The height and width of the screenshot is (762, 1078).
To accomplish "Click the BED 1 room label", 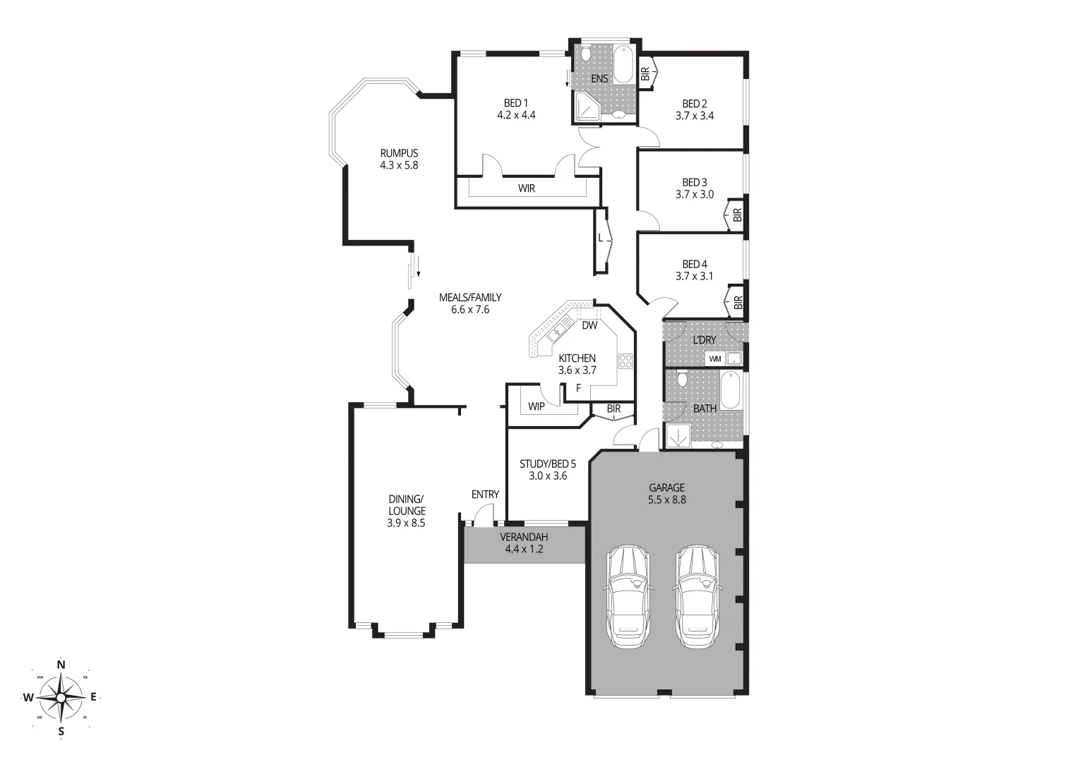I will [x=516, y=104].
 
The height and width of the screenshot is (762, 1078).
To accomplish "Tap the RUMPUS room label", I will [x=399, y=153].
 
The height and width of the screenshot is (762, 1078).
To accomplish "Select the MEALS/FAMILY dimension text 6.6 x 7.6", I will [x=470, y=309].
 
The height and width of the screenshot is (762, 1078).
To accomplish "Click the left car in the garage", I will [x=628, y=596].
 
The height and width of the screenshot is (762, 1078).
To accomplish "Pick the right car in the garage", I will [x=696, y=596].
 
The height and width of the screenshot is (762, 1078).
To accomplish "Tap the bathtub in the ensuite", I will [x=623, y=65].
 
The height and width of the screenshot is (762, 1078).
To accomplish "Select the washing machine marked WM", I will [x=715, y=358].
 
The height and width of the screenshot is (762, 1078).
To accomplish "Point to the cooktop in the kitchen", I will [x=625, y=361].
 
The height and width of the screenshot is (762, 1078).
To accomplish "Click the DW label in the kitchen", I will [x=589, y=325].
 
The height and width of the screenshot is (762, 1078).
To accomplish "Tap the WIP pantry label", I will [x=537, y=406].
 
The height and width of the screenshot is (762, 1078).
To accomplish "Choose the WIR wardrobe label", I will [x=527, y=188].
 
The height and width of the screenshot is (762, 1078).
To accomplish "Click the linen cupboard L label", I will [x=601, y=238].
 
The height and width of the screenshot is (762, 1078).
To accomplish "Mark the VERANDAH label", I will [x=524, y=537].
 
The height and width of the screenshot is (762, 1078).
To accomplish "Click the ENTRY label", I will [x=485, y=495].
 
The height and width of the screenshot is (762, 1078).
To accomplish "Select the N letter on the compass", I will [x=61, y=664].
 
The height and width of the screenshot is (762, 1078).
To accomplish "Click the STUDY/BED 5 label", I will [x=548, y=464].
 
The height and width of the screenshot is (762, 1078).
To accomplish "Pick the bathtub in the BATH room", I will [x=731, y=390].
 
